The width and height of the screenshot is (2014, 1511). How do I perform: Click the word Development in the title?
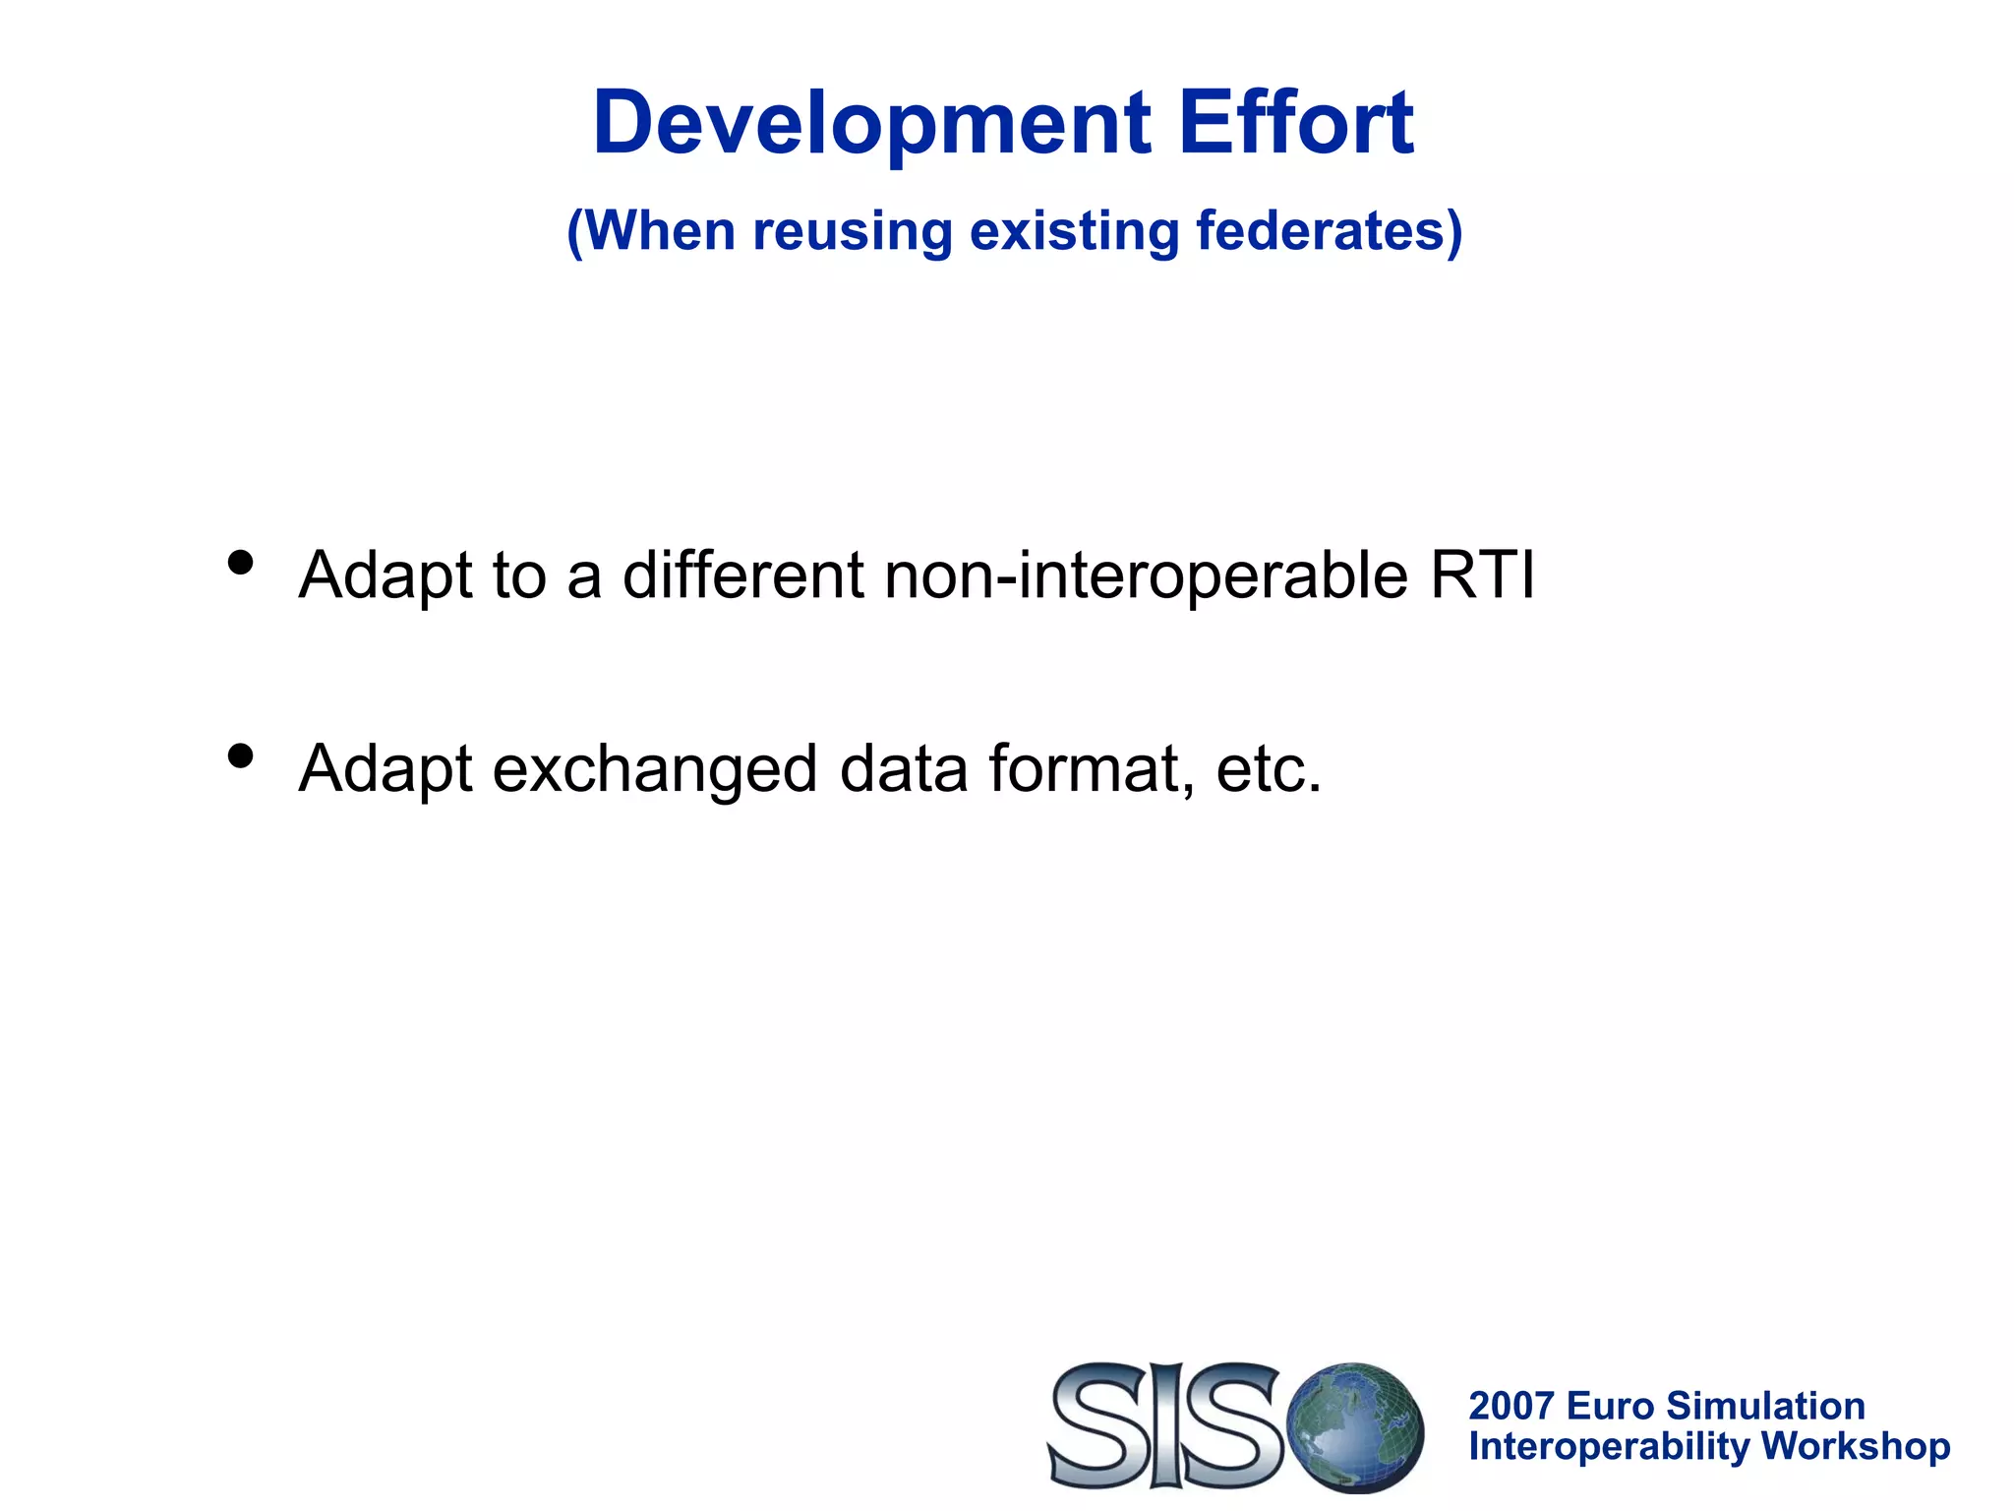pos(871,124)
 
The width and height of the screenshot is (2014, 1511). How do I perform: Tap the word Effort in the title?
pos(1296,124)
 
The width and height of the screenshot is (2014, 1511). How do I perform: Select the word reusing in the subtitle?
pos(853,232)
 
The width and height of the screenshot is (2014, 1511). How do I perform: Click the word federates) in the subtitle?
pos(1329,232)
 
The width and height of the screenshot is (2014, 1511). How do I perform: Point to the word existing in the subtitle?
pos(1074,232)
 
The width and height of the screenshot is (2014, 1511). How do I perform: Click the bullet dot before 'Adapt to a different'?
pos(241,564)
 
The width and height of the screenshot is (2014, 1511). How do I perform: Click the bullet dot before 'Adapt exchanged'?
pos(241,756)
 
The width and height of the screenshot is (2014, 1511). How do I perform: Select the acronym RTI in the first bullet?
pos(1482,574)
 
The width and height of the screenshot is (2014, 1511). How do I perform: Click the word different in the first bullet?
pos(743,574)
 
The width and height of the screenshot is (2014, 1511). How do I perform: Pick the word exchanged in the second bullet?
pos(655,769)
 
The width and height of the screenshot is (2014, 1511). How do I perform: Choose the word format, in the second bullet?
pos(1092,769)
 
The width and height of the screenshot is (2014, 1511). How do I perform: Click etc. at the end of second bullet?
pos(1269,769)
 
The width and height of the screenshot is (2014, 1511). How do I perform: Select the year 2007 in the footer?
pos(1510,1406)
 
